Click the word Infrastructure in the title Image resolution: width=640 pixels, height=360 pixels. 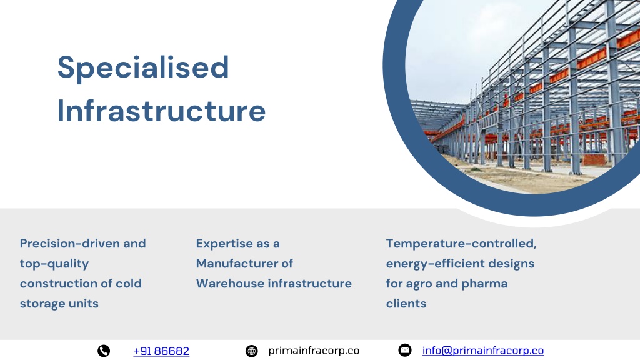point(162,111)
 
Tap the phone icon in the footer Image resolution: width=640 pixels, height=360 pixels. point(104,351)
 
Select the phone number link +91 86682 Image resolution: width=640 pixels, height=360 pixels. point(161,351)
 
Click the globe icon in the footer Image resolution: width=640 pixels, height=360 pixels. point(251,351)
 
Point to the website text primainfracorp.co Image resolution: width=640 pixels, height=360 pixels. point(314,351)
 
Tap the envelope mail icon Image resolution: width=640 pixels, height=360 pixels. point(405,350)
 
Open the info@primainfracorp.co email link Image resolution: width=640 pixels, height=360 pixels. point(483,351)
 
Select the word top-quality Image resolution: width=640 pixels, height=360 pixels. point(54,264)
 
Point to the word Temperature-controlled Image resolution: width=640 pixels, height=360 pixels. point(461,244)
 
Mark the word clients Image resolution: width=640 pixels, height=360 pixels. point(406,304)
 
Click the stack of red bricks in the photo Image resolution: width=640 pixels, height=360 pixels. point(594,159)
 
